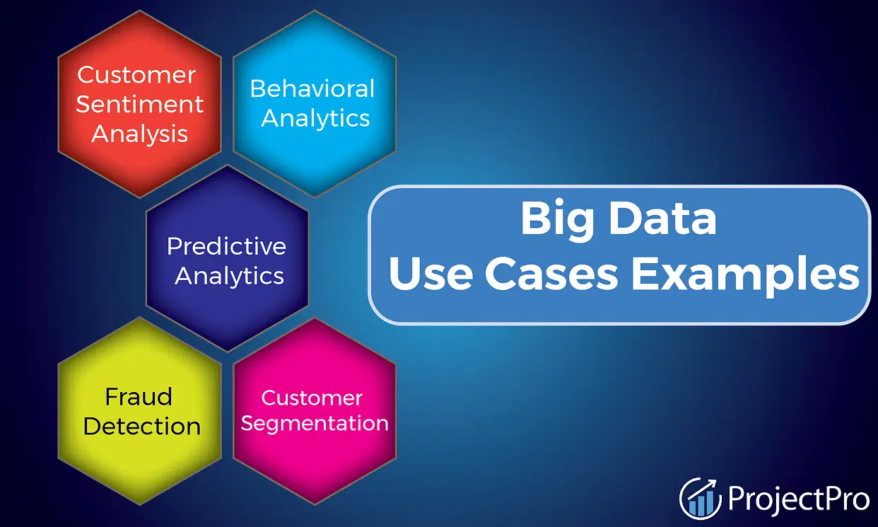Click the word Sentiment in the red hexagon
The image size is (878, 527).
click(x=139, y=104)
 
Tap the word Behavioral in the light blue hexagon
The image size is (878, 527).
click(x=312, y=88)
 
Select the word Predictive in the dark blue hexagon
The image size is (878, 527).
click(x=226, y=246)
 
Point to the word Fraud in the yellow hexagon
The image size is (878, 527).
click(x=139, y=396)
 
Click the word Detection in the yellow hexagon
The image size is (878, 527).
click(x=142, y=427)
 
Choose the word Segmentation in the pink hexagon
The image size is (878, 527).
click(x=315, y=424)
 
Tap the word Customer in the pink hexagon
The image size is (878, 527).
click(x=312, y=398)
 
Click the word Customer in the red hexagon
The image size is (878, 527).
click(x=136, y=74)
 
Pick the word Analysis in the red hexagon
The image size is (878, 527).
click(x=139, y=134)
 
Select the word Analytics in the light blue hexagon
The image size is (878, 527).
click(x=315, y=118)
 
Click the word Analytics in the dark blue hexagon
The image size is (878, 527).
click(x=229, y=276)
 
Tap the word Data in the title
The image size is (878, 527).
click(x=663, y=218)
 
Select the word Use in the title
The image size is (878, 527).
click(x=431, y=273)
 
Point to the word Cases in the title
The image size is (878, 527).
click(x=552, y=273)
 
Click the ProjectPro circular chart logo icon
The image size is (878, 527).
click(x=700, y=499)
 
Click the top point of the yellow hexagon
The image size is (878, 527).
click(x=140, y=318)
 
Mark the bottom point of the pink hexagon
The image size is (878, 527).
click(x=315, y=504)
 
